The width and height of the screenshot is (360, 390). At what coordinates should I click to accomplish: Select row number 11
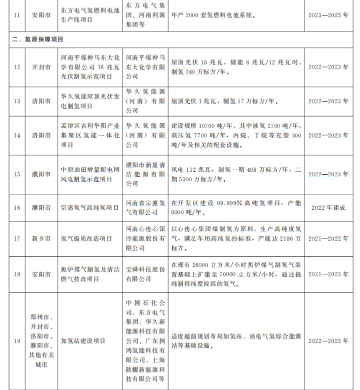17,15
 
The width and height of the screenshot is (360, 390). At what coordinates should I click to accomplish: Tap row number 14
17,136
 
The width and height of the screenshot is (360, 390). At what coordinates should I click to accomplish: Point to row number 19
17,341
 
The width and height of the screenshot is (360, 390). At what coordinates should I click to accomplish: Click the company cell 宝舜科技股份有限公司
145,274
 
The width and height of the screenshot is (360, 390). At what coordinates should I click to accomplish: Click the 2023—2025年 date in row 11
328,15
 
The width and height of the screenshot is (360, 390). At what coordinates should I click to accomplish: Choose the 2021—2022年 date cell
328,239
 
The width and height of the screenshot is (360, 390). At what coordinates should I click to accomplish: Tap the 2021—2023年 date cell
328,274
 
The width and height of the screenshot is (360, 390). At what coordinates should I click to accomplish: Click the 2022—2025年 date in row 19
328,341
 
